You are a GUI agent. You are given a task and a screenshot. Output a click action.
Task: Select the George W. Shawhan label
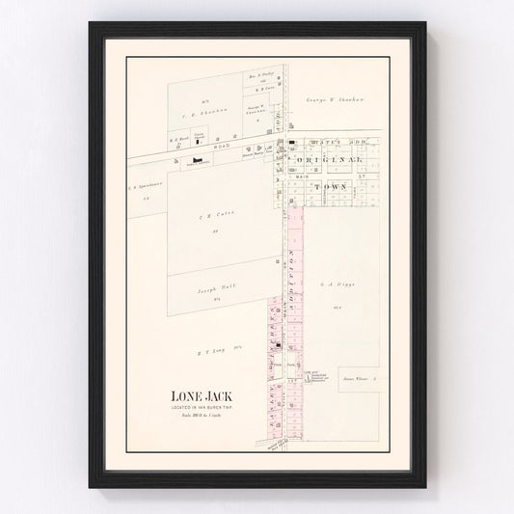point(329,99)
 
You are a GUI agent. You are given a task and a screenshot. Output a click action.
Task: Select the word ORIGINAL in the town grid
point(329,159)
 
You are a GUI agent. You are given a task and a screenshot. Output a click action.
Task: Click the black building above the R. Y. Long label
point(278,344)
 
